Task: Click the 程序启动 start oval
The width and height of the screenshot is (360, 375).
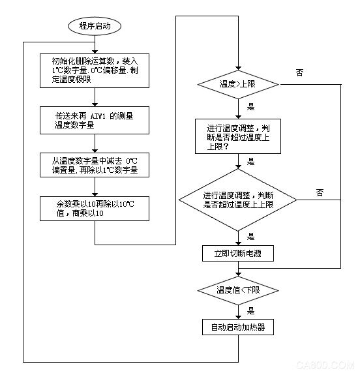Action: pyautogui.click(x=95, y=26)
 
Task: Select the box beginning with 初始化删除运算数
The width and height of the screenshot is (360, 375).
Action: pyautogui.click(x=95, y=70)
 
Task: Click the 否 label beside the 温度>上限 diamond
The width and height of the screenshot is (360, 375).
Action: pyautogui.click(x=299, y=72)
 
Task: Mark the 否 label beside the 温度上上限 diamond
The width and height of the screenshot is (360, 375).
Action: pyautogui.click(x=320, y=192)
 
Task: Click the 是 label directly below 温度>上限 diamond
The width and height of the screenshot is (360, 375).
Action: pyautogui.click(x=251, y=104)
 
